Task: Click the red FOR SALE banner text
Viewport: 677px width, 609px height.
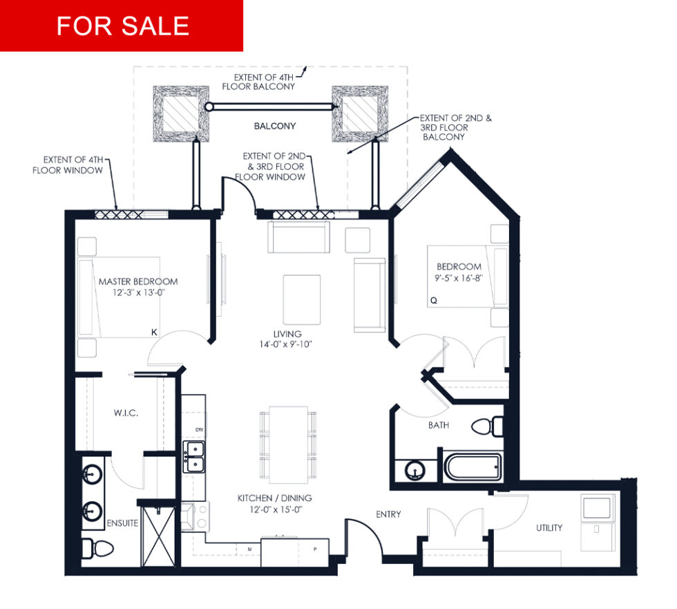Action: pyautogui.click(x=123, y=26)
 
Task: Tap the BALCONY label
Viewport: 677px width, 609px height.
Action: pyautogui.click(x=275, y=126)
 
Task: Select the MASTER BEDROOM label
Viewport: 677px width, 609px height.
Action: pyautogui.click(x=138, y=281)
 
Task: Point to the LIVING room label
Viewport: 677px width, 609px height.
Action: pyautogui.click(x=287, y=334)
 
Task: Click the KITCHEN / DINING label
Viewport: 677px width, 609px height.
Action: pyautogui.click(x=275, y=498)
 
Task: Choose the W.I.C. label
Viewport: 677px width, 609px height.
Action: pyautogui.click(x=126, y=413)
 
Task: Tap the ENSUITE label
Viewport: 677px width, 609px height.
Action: pyautogui.click(x=123, y=523)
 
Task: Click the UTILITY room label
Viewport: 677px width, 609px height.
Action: pyautogui.click(x=549, y=528)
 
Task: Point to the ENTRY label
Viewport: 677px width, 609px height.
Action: pyautogui.click(x=388, y=514)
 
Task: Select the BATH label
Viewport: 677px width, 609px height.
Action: pyautogui.click(x=439, y=425)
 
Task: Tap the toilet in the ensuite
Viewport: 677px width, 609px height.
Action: pyautogui.click(x=97, y=549)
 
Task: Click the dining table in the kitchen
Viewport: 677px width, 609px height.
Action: pyautogui.click(x=289, y=445)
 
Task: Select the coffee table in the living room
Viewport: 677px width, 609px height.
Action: pyautogui.click(x=302, y=300)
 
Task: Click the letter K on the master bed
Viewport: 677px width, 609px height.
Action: pyautogui.click(x=154, y=332)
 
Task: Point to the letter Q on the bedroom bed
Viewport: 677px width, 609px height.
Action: pyautogui.click(x=434, y=300)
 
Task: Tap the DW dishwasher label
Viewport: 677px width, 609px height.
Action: pyautogui.click(x=199, y=430)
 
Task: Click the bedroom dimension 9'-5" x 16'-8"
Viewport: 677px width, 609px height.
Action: pyautogui.click(x=459, y=278)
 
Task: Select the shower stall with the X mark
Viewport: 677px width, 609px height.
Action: pyautogui.click(x=158, y=537)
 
